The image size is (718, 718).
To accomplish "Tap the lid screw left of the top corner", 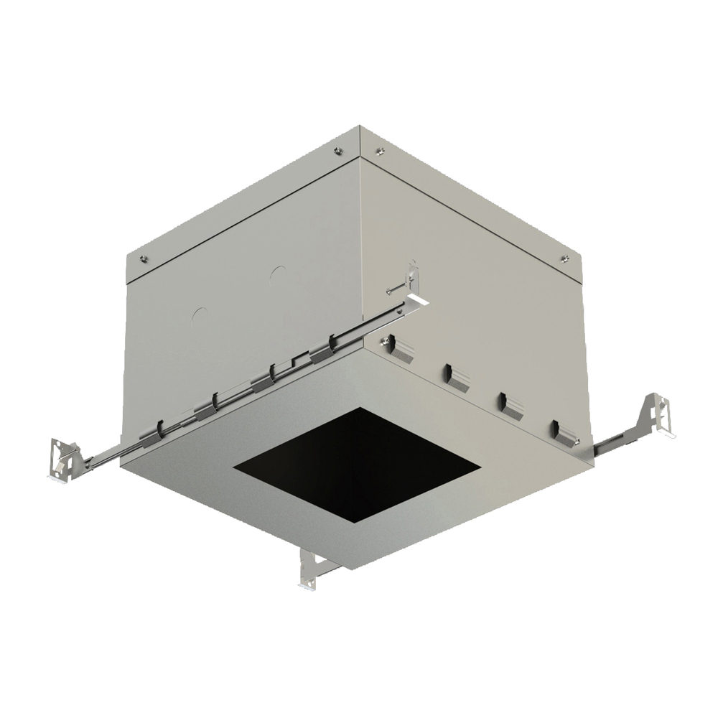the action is (338, 150).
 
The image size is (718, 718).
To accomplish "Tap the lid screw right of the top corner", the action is (381, 150).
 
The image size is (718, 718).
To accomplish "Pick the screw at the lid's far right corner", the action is (564, 258).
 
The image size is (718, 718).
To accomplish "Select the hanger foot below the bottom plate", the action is (311, 571).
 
